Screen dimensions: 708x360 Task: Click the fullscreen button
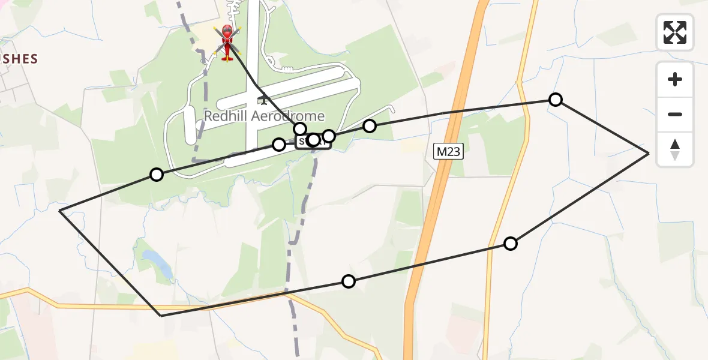point(675,32)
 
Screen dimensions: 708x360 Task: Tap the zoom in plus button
point(675,79)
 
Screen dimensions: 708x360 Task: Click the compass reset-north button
point(675,149)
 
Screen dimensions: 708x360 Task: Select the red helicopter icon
point(227,42)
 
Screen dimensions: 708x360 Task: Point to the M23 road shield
point(448,152)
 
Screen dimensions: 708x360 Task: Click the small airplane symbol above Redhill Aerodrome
point(263,99)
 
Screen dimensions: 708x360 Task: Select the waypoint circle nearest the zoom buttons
point(556,100)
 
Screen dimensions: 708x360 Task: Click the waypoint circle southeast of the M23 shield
point(511,243)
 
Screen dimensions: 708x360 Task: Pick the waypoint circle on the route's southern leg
point(349,281)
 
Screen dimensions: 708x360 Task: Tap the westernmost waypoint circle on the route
point(157,175)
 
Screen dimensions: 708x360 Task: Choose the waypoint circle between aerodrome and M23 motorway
point(370,126)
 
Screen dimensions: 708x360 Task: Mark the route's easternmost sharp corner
point(649,154)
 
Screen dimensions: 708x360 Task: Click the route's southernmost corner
point(161,315)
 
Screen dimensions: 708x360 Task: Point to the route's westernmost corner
point(60,211)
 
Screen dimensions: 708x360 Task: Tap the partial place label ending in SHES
point(19,59)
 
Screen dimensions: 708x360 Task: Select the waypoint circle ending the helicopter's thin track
point(300,129)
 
